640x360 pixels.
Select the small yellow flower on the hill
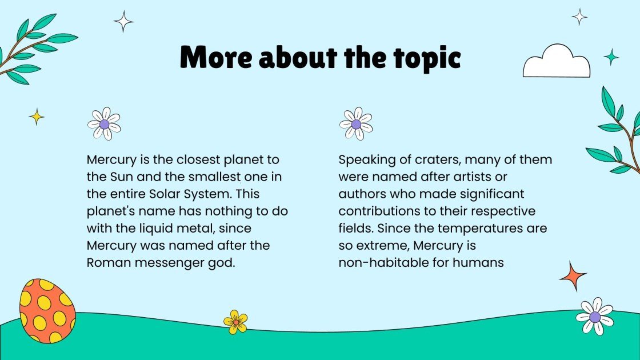tap(235, 321)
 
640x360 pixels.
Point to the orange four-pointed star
tap(573, 276)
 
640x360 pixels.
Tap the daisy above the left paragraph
tap(104, 123)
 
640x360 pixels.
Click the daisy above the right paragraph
tap(356, 123)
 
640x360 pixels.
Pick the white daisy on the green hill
tap(595, 316)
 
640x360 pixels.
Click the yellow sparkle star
tap(37, 117)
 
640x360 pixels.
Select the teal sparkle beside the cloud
tap(611, 57)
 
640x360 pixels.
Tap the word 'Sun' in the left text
tap(120, 177)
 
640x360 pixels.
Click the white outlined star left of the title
tap(123, 22)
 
